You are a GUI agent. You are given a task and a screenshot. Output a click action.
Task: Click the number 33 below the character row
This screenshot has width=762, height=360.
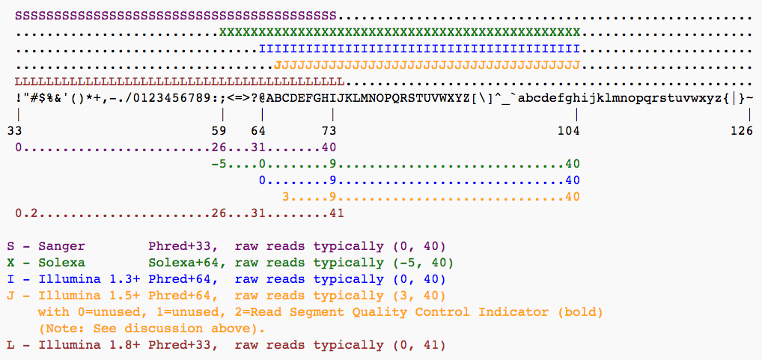pyautogui.click(x=14, y=131)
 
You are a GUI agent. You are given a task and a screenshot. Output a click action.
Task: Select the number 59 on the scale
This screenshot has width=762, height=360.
pyautogui.click(x=222, y=131)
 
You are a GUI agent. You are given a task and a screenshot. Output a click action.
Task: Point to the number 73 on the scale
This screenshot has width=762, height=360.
pyautogui.click(x=329, y=131)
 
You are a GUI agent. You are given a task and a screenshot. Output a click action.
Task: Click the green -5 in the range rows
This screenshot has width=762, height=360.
pyautogui.click(x=219, y=163)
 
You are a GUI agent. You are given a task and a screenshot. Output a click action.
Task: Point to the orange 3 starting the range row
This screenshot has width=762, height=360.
pyautogui.click(x=285, y=196)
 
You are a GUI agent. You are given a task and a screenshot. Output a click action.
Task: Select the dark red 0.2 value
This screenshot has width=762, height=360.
pyautogui.click(x=25, y=213)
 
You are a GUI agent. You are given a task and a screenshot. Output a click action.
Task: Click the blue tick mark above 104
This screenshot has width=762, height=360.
pyautogui.click(x=576, y=115)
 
